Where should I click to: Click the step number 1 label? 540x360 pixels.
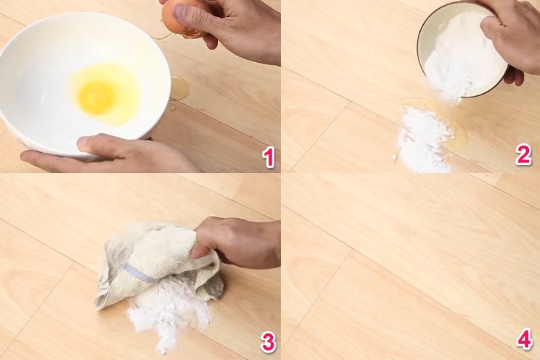[267, 157]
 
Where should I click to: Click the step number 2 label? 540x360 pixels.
[524, 155]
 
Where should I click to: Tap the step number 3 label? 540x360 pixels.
[267, 341]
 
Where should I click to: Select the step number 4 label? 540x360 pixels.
[524, 340]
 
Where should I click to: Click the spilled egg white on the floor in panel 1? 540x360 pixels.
[178, 88]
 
